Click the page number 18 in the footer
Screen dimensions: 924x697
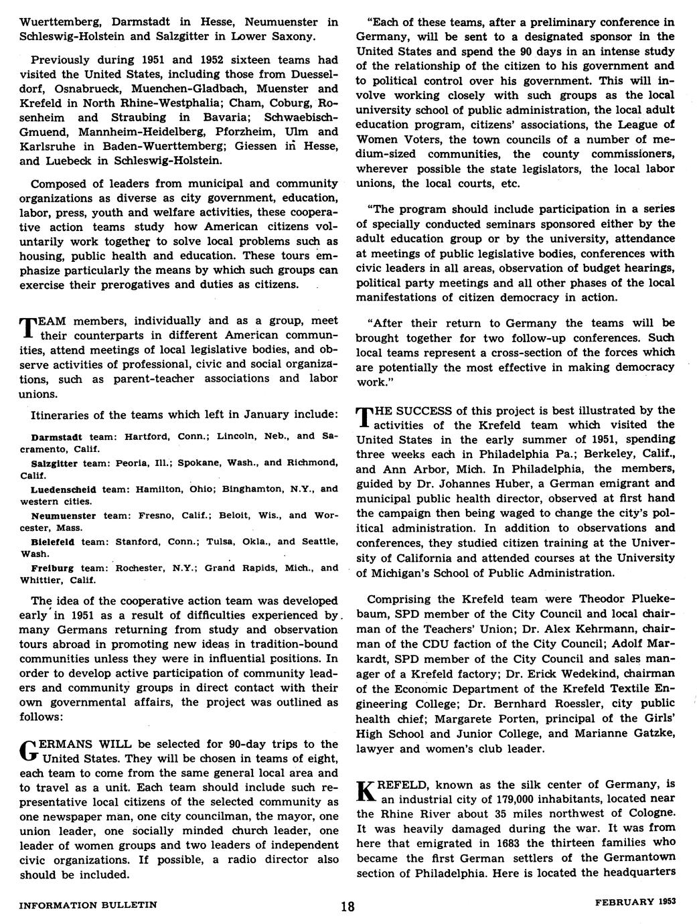[x=347, y=907]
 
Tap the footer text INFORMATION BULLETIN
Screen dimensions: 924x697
[x=88, y=905]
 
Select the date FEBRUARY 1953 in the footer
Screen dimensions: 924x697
[x=635, y=902]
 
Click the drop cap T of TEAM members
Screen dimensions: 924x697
[x=29, y=327]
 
